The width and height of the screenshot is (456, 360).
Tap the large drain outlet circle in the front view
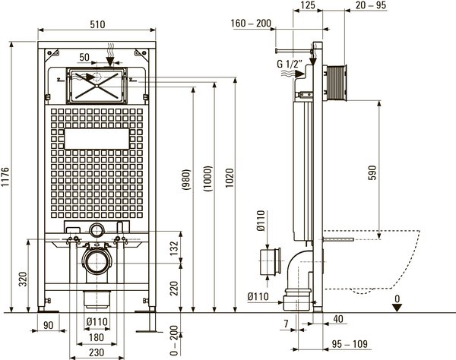tap(96, 263)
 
